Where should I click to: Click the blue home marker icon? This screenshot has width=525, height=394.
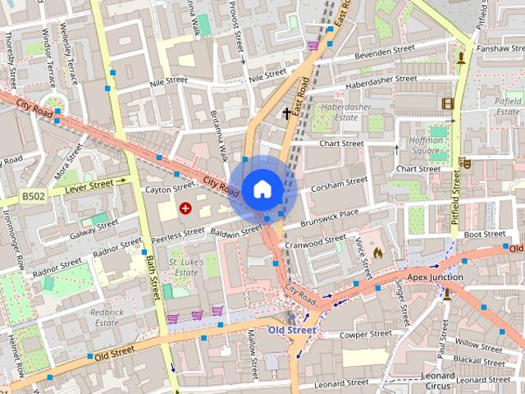(262, 189)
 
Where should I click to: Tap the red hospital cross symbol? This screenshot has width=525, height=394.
(185, 209)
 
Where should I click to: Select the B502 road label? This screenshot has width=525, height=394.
(33, 197)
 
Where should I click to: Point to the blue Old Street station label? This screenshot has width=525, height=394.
(292, 330)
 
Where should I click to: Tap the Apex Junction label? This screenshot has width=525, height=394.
(435, 277)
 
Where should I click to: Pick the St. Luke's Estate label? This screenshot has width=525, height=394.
(185, 267)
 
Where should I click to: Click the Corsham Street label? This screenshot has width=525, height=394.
(339, 186)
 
